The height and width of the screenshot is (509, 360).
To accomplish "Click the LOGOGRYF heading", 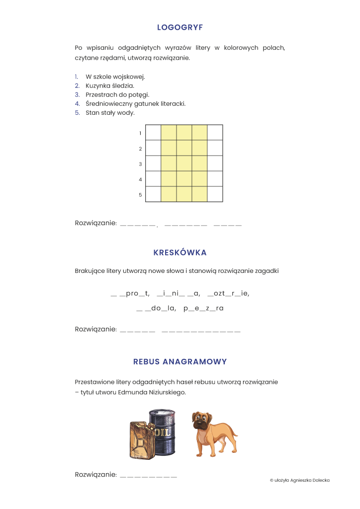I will coord(180,27).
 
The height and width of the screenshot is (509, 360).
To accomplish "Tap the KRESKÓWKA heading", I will coord(180,253).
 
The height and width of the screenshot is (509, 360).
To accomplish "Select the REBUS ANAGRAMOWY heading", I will coord(180,361).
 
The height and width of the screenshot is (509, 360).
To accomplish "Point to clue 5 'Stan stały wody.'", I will coord(110,113).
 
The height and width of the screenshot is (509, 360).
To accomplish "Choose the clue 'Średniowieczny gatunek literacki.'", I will coord(135,103).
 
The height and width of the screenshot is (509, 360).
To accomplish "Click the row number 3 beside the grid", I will coord(140,164).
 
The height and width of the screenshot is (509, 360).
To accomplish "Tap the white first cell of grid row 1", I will coord(154,133).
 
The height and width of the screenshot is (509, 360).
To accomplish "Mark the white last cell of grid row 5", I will coord(215,194).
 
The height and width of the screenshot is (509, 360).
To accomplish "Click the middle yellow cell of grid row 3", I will coord(184,164).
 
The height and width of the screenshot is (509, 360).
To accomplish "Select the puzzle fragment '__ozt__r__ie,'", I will coord(228,293).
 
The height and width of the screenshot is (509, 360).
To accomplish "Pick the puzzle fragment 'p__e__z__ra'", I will coord(203,308).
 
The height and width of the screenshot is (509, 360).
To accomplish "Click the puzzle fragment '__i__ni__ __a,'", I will coord(179,293).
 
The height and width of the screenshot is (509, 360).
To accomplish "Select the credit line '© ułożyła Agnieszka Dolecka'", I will coord(299,480).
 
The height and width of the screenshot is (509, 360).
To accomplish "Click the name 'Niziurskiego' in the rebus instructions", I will coord(168,392).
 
